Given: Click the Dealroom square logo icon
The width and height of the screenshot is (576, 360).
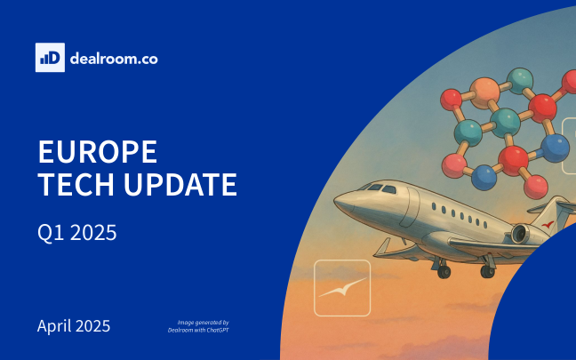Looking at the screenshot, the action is coord(50,57).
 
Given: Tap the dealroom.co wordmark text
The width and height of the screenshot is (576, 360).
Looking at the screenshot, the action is coord(114,59).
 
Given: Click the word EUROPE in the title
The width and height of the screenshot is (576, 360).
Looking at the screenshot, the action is coord(98,151).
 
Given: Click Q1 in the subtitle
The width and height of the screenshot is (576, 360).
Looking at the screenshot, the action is coord(51,233).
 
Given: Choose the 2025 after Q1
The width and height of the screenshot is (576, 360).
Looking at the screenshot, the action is coord(93,233).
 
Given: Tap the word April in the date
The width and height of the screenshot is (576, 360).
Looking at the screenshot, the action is coord(54,326).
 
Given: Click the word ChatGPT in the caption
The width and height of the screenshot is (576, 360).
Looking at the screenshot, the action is coord(218,331).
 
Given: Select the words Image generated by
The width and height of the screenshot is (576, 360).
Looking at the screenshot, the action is coord(204,323).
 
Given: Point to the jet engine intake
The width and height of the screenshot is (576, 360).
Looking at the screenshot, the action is coord(519,234).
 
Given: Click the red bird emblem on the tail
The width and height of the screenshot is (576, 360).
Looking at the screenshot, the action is coord(548,224).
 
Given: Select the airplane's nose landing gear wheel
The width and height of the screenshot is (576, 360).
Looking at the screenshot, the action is coord(444,271).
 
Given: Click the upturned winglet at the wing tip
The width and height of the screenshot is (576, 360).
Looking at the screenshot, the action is coord(383,246).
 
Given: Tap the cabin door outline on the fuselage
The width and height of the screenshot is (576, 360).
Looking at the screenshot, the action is coord(411,207).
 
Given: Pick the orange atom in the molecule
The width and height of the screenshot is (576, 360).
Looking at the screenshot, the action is coord(485,93).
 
